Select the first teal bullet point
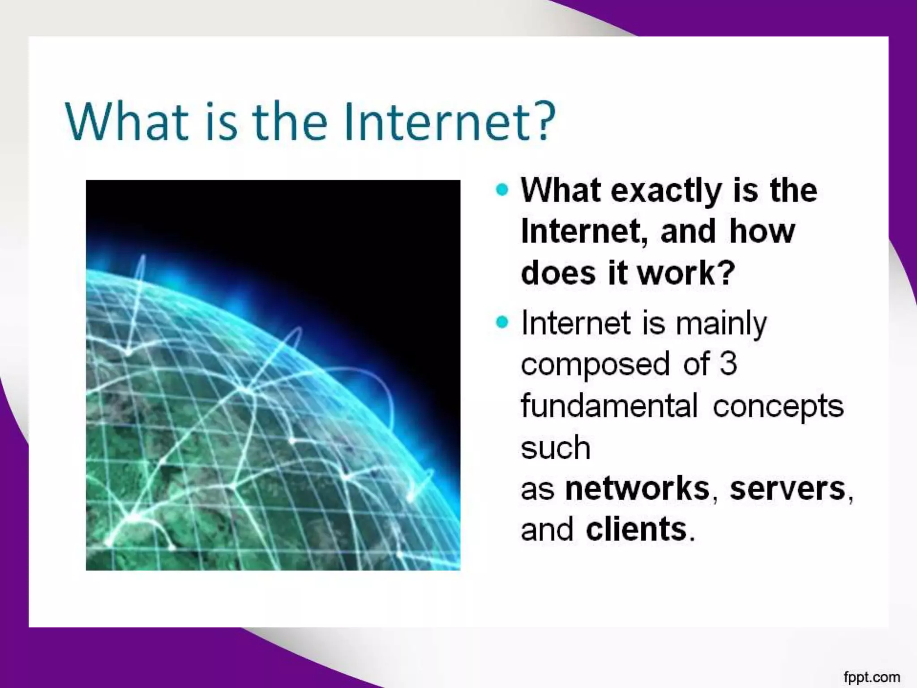click(x=502, y=189)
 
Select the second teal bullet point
click(x=502, y=322)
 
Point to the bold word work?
click(x=686, y=273)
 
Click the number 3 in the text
click(x=728, y=363)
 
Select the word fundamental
click(x=609, y=405)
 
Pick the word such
click(x=556, y=447)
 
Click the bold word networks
click(x=638, y=488)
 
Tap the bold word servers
click(x=787, y=488)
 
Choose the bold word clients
click(x=636, y=529)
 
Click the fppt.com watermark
click(x=871, y=677)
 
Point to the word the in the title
click(x=290, y=122)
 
